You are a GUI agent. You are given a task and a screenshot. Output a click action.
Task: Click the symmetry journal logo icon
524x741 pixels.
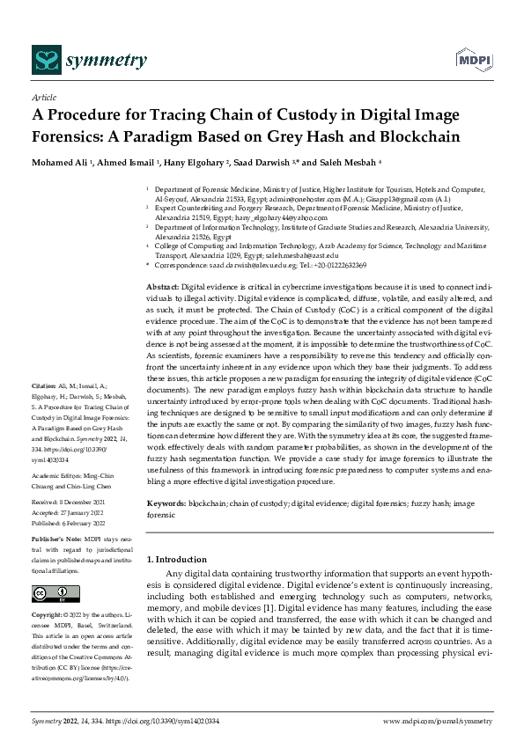coord(45,60)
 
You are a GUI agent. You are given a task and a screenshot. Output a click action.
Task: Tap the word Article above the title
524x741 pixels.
coord(43,99)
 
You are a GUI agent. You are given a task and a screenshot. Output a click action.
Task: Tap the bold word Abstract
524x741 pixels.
coord(163,288)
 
